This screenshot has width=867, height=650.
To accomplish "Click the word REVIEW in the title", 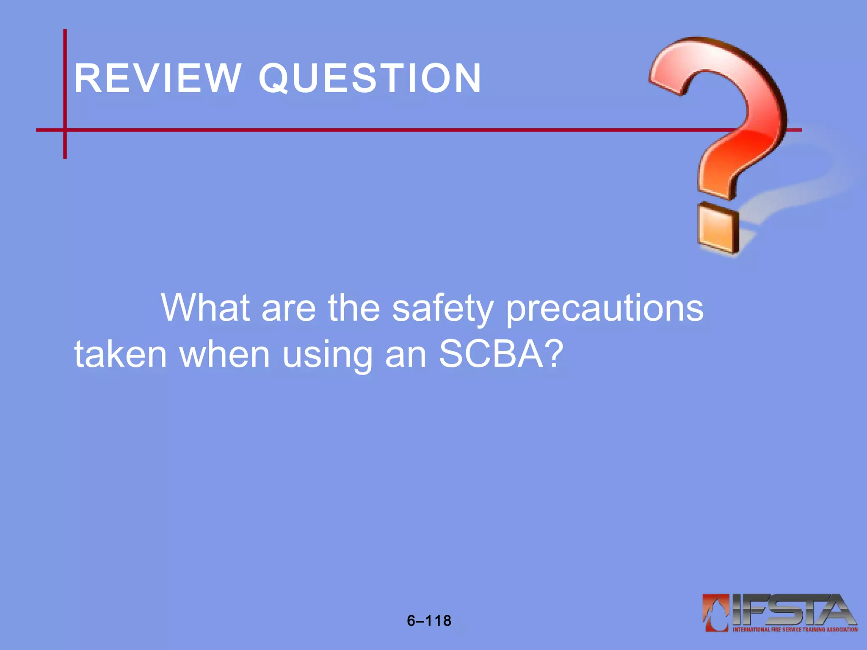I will tap(157, 78).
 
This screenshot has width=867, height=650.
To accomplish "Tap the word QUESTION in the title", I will tap(370, 78).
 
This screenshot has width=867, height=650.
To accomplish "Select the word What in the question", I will tap(206, 308).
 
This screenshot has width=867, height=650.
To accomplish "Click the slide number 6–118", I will tap(429, 621).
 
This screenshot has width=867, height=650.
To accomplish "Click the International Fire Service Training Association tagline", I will tap(795, 629).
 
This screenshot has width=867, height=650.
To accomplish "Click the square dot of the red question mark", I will tap(718, 228).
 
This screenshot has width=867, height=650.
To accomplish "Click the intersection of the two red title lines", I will tap(65, 130).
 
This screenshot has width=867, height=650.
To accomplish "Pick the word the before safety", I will tap(354, 308).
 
